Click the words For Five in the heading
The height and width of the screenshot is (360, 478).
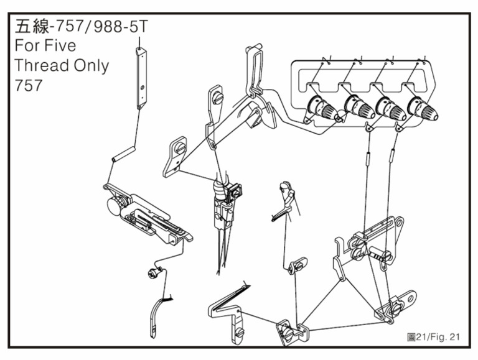[44, 47]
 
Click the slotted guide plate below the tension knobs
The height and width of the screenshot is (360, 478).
[374, 234]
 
